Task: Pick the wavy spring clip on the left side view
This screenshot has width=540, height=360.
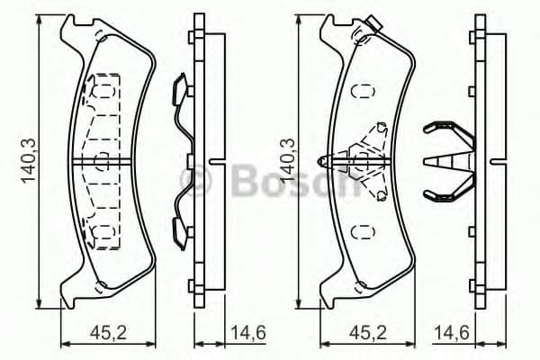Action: point(182,162)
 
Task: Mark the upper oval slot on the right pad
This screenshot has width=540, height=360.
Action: point(363,91)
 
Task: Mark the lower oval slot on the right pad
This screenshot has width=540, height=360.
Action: point(363,232)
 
